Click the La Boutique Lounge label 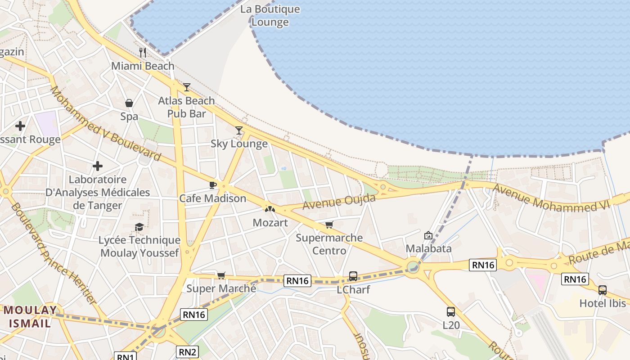click(270, 16)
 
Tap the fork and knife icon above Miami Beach click(143, 52)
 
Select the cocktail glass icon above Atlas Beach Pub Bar click(187, 87)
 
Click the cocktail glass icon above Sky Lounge click(239, 130)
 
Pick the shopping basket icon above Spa click(129, 103)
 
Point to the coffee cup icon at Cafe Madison click(213, 185)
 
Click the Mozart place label click(270, 222)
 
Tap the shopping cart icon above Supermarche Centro click(329, 225)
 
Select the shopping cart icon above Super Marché click(221, 275)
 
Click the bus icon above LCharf click(353, 276)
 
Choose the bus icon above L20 click(450, 311)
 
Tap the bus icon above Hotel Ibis click(603, 290)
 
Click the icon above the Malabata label click(428, 235)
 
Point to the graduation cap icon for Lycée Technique click(139, 227)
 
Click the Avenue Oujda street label click(339, 201)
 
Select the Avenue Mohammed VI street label click(551, 198)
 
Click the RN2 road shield click(187, 352)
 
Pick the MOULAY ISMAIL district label click(31, 316)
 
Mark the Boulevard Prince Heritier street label click(54, 253)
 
